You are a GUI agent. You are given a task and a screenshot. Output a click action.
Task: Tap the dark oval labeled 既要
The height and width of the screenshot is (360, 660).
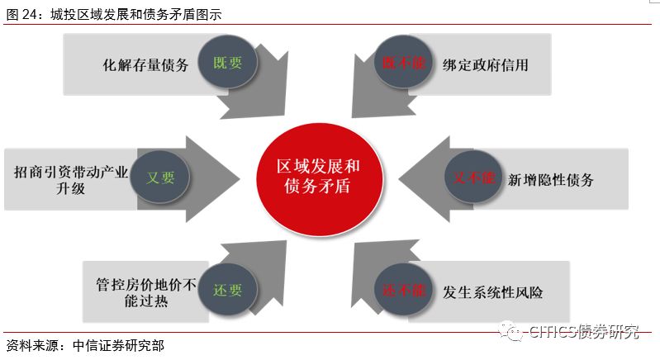[x=229, y=64]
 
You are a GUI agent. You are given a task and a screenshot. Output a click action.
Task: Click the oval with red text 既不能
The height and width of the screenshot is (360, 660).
[x=401, y=64]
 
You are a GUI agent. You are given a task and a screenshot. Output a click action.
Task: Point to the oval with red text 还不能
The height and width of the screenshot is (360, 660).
[x=403, y=291]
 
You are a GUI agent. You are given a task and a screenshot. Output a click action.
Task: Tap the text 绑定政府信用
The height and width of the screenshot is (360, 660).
[x=485, y=64]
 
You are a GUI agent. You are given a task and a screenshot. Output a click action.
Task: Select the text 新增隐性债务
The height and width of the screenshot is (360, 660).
[x=551, y=179]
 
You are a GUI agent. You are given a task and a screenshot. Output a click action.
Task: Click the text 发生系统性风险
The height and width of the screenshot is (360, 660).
[x=492, y=292]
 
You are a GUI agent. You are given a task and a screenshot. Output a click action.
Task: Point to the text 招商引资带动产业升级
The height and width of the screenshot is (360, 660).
[x=71, y=179]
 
